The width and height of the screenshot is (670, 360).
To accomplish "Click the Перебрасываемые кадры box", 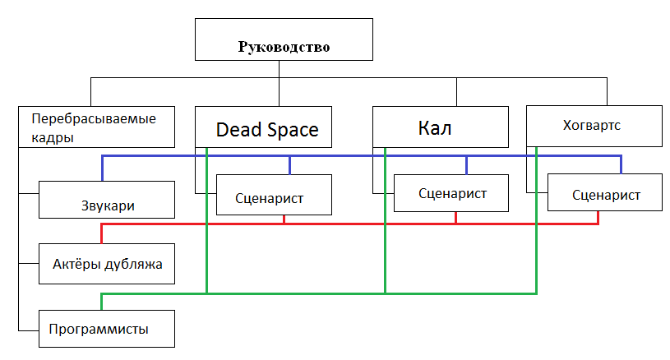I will point(99,127).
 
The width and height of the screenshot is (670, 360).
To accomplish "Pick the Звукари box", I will point(107,205).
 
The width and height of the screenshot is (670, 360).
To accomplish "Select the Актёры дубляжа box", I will point(107,264).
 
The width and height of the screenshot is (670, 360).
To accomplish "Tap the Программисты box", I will point(107,330).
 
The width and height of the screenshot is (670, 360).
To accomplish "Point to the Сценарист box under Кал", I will point(452,194).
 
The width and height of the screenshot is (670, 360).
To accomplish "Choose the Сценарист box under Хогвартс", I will point(605,196).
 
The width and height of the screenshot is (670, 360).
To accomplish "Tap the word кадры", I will point(53,137).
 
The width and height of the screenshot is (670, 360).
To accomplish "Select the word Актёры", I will point(76,265).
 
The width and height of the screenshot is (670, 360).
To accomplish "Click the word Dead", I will point(238,130).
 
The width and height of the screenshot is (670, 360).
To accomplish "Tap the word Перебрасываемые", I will point(93,118).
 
